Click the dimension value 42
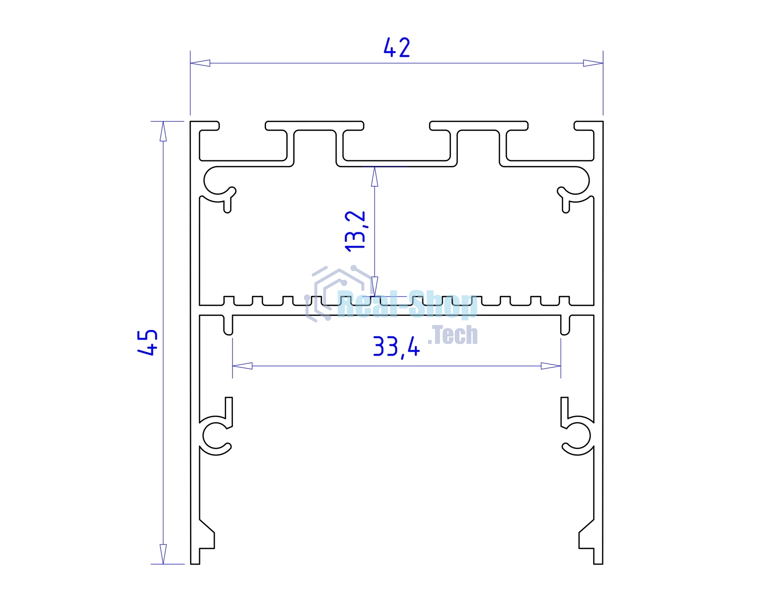[x=397, y=48]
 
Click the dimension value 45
[x=148, y=343]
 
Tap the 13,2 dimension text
[x=355, y=231]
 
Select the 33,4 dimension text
[x=396, y=347]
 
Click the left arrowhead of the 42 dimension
[x=200, y=63]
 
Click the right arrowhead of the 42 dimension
[x=593, y=63]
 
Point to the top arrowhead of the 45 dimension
[x=163, y=131]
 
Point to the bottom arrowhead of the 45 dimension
[x=163, y=554]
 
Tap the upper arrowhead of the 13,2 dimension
[x=374, y=176]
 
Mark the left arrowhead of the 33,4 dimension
[x=242, y=366]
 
